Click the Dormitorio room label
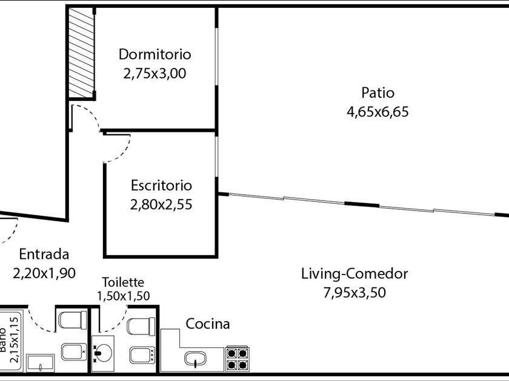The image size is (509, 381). point(155,54)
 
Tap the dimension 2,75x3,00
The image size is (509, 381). point(155,73)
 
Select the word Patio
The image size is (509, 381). point(378,93)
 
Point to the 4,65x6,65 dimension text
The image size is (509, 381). point(378,112)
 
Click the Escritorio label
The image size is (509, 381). point(161,185)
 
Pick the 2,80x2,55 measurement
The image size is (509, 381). point(161,204)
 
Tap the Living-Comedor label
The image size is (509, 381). point(354,274)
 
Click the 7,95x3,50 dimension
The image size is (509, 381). point(354,293)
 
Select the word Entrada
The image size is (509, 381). point(44,255)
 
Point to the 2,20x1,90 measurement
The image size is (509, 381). point(44,273)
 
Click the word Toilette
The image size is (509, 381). point(123,282)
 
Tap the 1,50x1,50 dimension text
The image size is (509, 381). point(124,296)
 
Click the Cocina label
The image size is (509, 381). point(208,324)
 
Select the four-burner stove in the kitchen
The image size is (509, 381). point(238,358)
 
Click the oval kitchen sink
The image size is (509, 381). point(195,359)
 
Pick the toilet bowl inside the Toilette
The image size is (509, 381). point(141,326)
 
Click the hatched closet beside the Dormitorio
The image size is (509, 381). point(81,53)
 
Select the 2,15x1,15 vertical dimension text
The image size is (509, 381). point(14,339)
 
